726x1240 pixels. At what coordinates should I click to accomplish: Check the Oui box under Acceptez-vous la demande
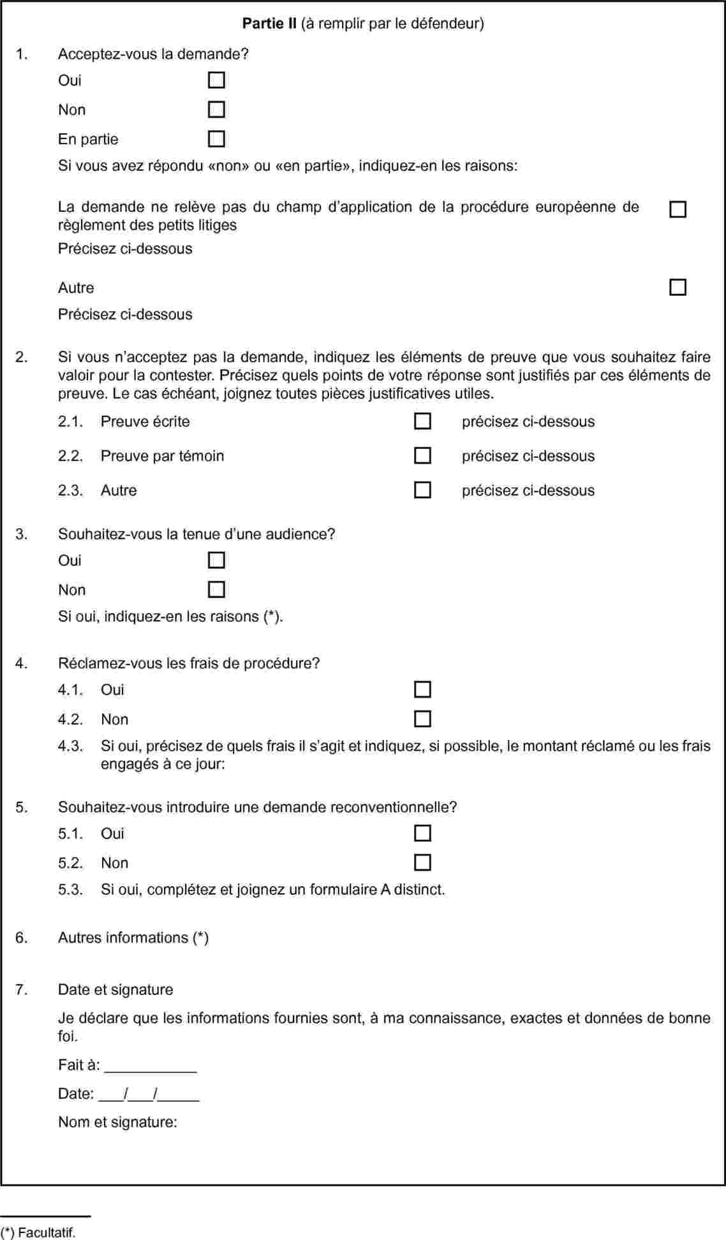pyautogui.click(x=216, y=80)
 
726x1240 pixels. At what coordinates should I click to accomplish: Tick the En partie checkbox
pyautogui.click(x=216, y=139)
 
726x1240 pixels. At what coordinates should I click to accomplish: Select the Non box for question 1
pyautogui.click(x=216, y=110)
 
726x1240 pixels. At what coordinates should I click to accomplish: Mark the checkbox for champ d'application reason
pyautogui.click(x=678, y=210)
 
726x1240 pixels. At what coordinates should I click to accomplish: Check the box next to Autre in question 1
pyautogui.click(x=678, y=288)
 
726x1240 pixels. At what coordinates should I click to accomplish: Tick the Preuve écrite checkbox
pyautogui.click(x=422, y=422)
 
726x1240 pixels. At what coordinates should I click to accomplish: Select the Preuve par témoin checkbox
pyautogui.click(x=422, y=456)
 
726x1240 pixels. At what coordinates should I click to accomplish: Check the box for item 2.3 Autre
pyautogui.click(x=422, y=491)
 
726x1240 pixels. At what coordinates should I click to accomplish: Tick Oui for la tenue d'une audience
pyautogui.click(x=216, y=561)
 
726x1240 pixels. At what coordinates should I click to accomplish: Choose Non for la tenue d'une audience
pyautogui.click(x=216, y=590)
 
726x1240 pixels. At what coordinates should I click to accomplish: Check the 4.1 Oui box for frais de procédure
pyautogui.click(x=422, y=690)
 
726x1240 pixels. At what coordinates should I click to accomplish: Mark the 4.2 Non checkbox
pyautogui.click(x=422, y=720)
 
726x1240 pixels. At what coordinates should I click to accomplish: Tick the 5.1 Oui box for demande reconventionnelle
pyautogui.click(x=422, y=834)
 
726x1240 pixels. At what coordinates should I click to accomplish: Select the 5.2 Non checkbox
pyautogui.click(x=422, y=863)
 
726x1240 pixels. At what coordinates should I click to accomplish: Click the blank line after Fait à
pyautogui.click(x=151, y=1067)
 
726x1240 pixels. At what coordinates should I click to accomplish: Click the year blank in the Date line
pyautogui.click(x=180, y=1095)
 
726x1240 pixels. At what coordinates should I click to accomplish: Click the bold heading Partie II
pyautogui.click(x=269, y=24)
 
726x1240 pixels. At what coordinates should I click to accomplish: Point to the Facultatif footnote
pyautogui.click(x=38, y=1232)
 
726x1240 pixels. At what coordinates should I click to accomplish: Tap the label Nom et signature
pyautogui.click(x=117, y=1122)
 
